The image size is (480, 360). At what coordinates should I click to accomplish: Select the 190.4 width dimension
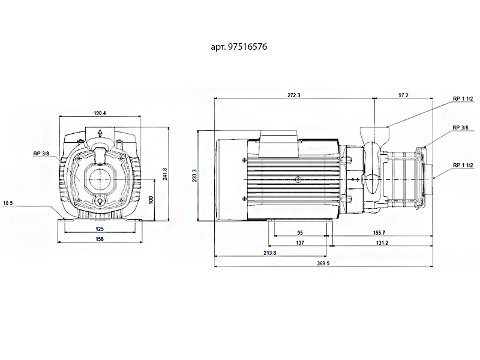pos(100,113)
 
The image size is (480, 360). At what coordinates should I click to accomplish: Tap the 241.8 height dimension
pos(164,175)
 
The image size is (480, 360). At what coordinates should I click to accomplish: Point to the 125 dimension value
pos(100,229)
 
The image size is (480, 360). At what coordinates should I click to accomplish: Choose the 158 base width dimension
pos(100,239)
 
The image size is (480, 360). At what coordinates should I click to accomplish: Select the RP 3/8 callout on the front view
pos(41,154)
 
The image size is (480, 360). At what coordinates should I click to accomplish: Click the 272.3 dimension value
pos(294,95)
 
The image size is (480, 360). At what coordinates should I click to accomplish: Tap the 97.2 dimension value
pos(403,95)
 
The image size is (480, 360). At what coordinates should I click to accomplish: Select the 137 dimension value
pos(300,243)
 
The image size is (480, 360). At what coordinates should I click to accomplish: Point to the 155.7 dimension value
pos(379,233)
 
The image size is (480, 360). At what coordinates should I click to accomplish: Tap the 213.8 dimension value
pos(270,253)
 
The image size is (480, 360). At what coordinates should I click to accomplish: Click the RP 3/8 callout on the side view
pos(460,128)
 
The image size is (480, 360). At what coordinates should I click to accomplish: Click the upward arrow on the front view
pos(101,134)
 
